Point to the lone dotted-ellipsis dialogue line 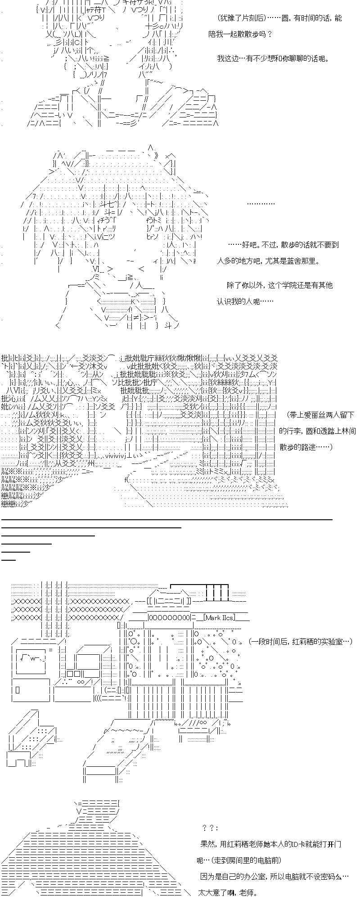(x=261, y=203)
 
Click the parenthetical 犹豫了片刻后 (x=242, y=18)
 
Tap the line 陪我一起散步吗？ (x=241, y=34)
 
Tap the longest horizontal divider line (x=167, y=519)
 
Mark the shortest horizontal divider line (x=9, y=560)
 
